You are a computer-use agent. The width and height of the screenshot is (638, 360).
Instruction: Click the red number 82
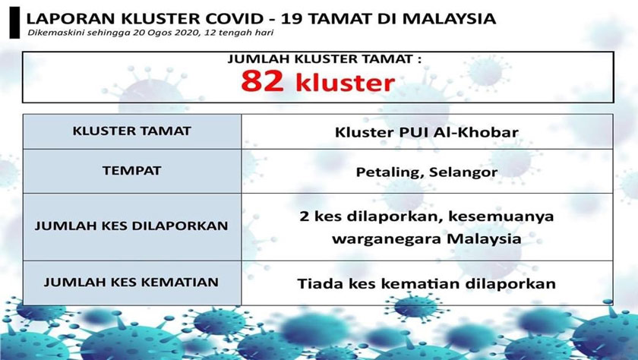point(263,81)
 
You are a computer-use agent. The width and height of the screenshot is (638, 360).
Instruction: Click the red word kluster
point(342,81)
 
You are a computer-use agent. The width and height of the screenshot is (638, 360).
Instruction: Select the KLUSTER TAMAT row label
point(132,131)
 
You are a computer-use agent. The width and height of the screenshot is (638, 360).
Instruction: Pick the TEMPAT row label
point(132,170)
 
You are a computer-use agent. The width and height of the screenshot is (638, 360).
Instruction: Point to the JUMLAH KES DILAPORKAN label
point(132,226)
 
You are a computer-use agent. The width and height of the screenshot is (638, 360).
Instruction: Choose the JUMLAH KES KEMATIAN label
point(132,282)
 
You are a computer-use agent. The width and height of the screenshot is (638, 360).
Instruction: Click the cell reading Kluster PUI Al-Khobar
point(427,132)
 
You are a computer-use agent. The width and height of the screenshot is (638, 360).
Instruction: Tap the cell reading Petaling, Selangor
point(427,172)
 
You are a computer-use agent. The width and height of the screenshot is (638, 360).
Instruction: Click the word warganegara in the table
point(376,238)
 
